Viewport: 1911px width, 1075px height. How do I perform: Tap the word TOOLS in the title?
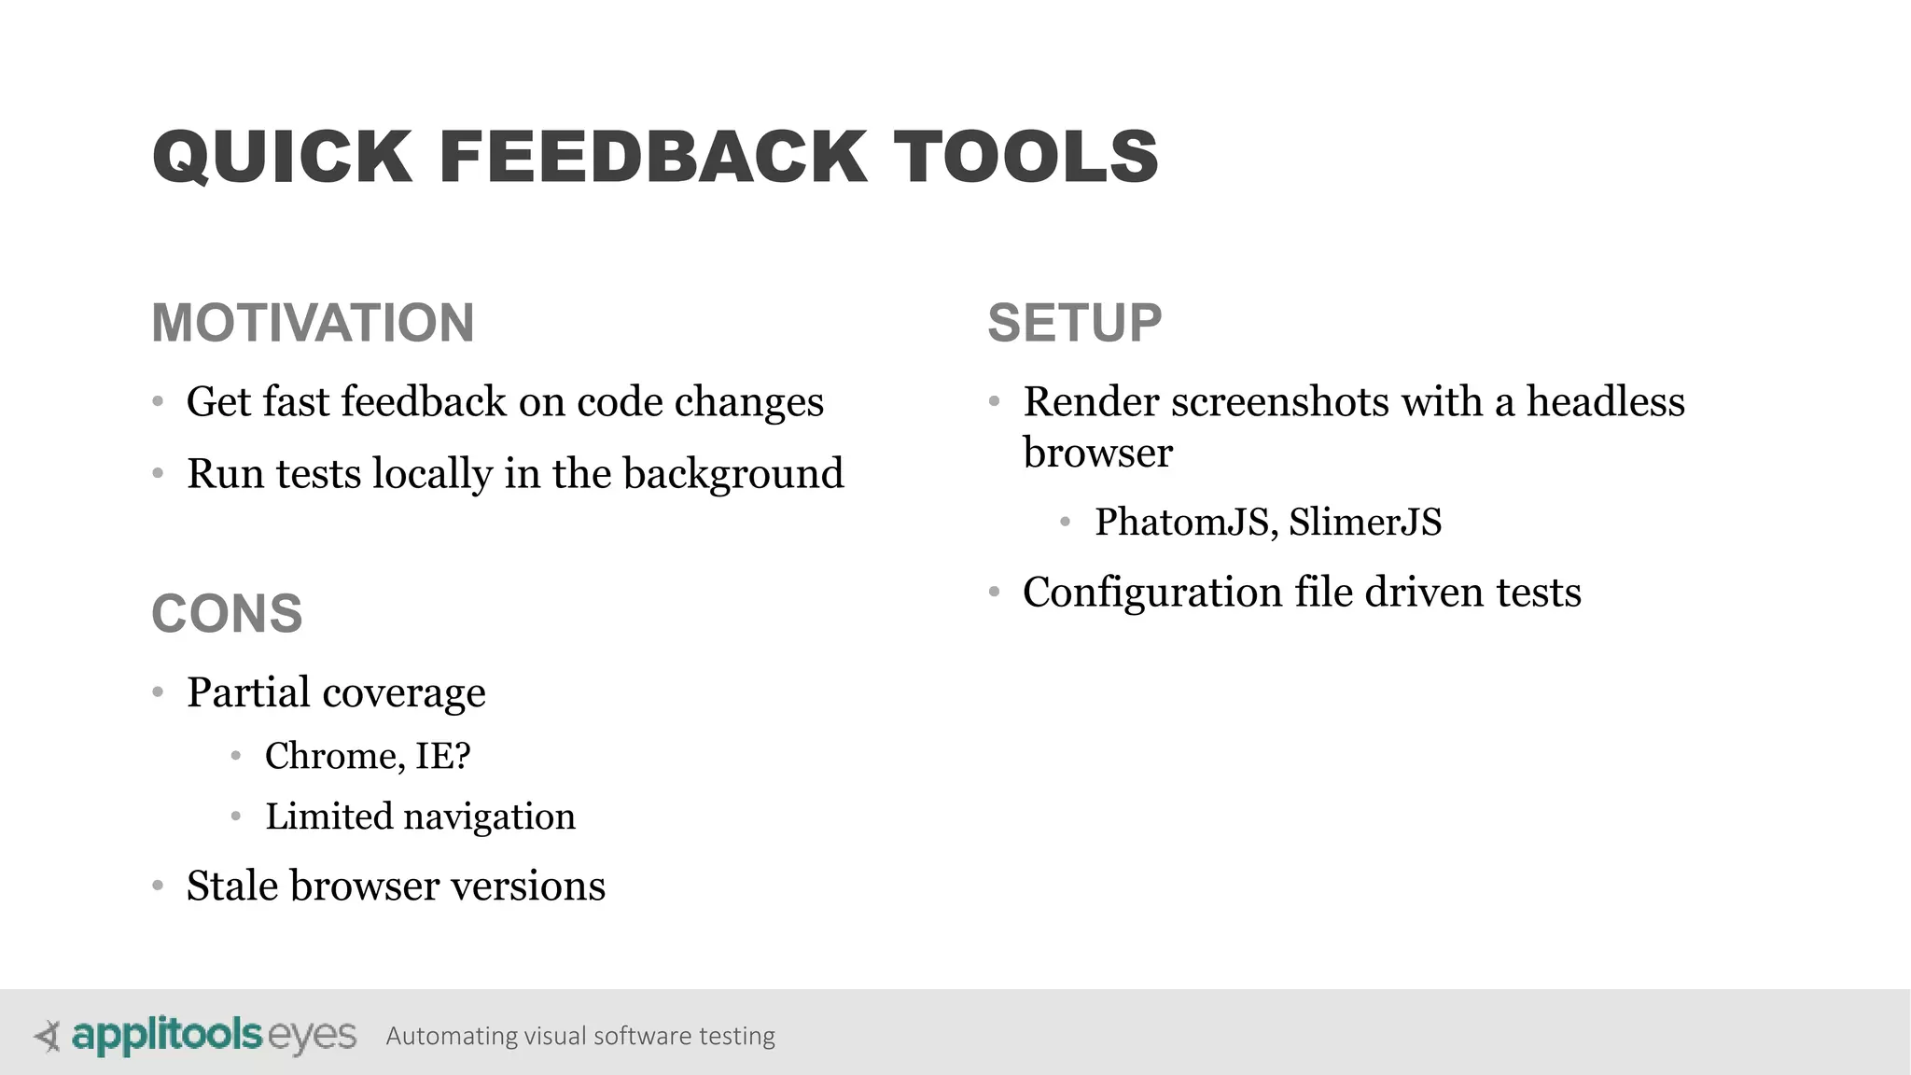pyautogui.click(x=1025, y=156)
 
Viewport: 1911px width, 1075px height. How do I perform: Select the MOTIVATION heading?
pyautogui.click(x=313, y=323)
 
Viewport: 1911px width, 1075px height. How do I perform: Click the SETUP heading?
pyautogui.click(x=1074, y=323)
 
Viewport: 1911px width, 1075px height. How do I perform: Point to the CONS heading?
pyautogui.click(x=227, y=614)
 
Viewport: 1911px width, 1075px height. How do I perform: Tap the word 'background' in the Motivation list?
pyautogui.click(x=732, y=474)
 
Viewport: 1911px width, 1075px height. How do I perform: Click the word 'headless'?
pyautogui.click(x=1605, y=402)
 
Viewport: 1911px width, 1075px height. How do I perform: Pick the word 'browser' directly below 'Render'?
pyautogui.click(x=1097, y=454)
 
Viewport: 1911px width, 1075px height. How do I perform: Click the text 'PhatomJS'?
pyautogui.click(x=1180, y=523)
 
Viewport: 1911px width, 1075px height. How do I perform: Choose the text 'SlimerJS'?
pyautogui.click(x=1365, y=523)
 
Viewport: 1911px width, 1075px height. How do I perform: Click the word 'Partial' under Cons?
pyautogui.click(x=248, y=692)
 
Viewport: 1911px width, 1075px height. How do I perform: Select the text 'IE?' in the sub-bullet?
pyautogui.click(x=443, y=756)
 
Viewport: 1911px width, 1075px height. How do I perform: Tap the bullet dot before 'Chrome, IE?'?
pyautogui.click(x=236, y=756)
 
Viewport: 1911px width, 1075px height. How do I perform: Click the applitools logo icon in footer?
pyautogui.click(x=48, y=1036)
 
